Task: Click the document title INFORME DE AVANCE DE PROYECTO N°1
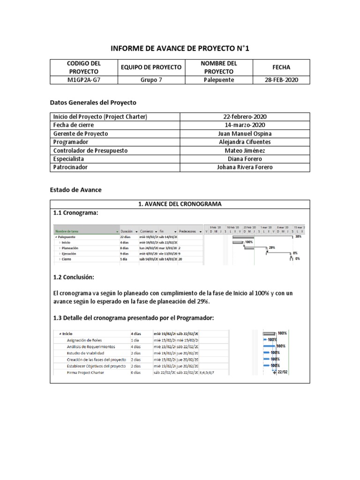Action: [x=180, y=48]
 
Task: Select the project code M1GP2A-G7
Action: [x=84, y=80]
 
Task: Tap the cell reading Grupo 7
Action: [x=151, y=80]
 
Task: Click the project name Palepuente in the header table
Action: [x=218, y=80]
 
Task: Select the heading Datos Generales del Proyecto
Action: [x=93, y=102]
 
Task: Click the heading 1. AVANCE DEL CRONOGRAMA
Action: [x=180, y=204]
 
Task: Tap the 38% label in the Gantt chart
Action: [x=298, y=237]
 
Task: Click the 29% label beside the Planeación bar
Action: [x=272, y=247]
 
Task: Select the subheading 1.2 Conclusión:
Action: [x=74, y=277]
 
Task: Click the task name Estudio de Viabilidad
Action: [x=86, y=353]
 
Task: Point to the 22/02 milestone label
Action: [x=282, y=372]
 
